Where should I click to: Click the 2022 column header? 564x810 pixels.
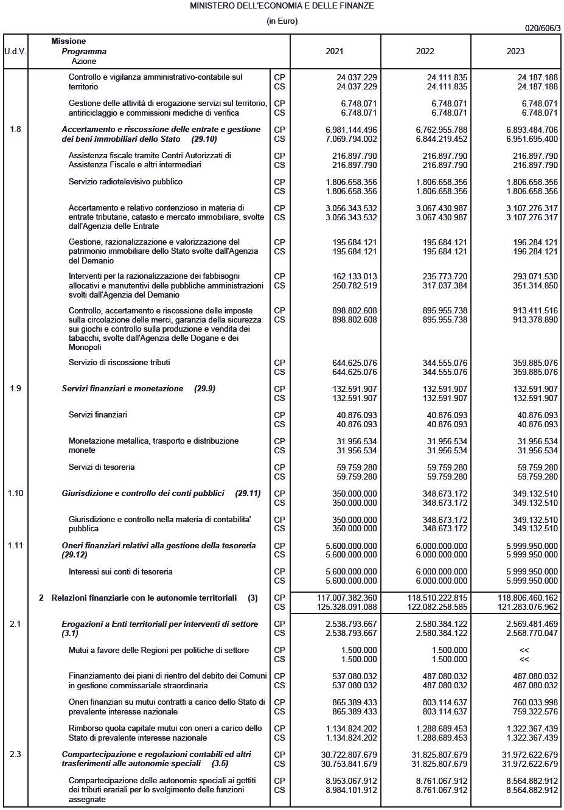coord(425,51)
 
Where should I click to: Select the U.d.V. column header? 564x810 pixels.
coord(15,51)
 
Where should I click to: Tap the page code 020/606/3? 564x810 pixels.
coord(543,28)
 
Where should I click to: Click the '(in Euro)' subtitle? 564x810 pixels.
coord(282,21)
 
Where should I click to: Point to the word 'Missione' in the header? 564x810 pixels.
coord(69,41)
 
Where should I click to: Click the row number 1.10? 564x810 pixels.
coord(15,493)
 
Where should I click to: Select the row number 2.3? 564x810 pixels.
coord(15,754)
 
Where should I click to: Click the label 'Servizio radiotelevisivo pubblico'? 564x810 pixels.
coord(125,181)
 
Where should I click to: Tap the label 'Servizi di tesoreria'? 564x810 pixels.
coord(102,467)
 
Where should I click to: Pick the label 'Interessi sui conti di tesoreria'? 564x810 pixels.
coord(120,571)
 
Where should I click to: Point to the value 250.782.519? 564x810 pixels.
coord(354,285)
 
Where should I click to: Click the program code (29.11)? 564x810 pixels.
coord(248,493)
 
